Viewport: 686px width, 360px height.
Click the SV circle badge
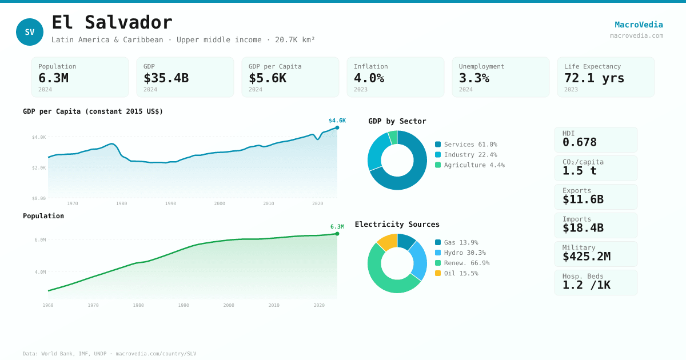30,32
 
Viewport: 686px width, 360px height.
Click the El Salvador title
112,23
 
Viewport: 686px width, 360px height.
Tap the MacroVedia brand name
639,25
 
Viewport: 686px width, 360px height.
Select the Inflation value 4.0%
369,78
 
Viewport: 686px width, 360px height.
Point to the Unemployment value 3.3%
474,78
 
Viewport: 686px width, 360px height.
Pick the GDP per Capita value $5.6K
267,78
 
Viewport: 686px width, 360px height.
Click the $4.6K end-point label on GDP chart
337,121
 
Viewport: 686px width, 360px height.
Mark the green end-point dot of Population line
337,234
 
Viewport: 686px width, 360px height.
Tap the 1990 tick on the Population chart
184,305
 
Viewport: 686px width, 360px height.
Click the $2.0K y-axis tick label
39,168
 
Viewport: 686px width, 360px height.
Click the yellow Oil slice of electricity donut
387,242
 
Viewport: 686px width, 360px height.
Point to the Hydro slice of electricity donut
419,259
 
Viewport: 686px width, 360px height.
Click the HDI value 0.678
579,142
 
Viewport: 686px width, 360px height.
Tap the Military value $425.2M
586,257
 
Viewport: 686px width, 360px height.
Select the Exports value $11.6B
583,199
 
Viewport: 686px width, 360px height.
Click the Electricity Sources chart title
397,225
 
